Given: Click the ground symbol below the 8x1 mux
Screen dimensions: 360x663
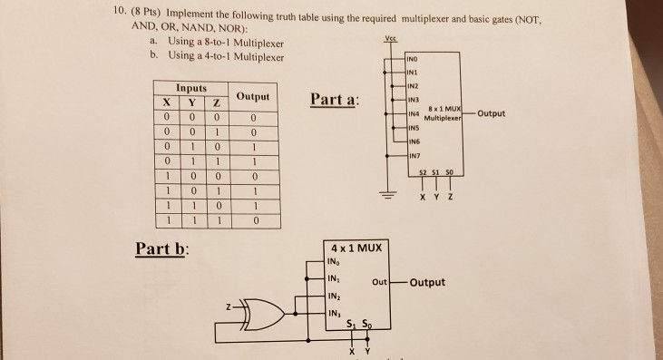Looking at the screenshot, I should click(395, 200).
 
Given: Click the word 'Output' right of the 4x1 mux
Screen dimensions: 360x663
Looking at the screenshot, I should click(427, 282).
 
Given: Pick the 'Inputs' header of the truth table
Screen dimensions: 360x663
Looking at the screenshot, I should click(191, 88).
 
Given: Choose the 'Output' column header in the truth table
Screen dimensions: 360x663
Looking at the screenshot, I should click(254, 96).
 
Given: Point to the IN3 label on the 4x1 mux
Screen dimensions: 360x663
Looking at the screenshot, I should click(336, 314).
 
